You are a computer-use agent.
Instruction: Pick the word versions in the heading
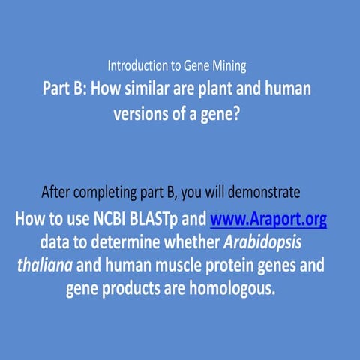(x=142, y=113)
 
